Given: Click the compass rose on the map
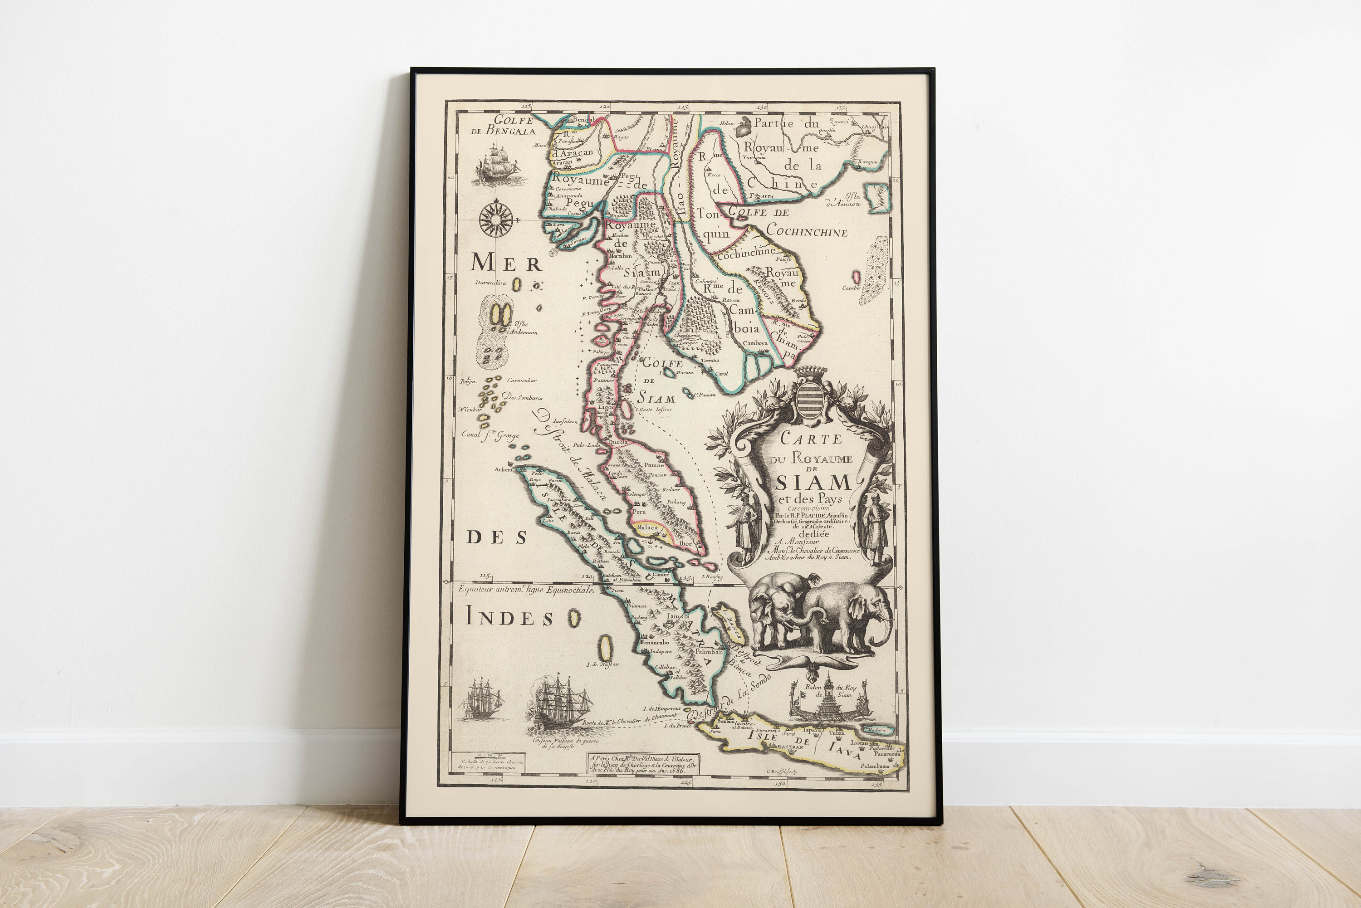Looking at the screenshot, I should pyautogui.click(x=496, y=218).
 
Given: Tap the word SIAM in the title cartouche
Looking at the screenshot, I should pyautogui.click(x=813, y=482).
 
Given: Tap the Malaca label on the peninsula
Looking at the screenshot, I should pyautogui.click(x=647, y=527).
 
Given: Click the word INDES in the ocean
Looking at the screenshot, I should pyautogui.click(x=509, y=618).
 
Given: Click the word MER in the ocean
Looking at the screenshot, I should pyautogui.click(x=505, y=264).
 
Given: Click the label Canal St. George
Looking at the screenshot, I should pyautogui.click(x=490, y=434).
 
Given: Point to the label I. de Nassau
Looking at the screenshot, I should pyautogui.click(x=602, y=664).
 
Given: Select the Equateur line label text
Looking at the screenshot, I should pyautogui.click(x=526, y=590).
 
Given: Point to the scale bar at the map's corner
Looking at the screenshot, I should pyautogui.click(x=490, y=757).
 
